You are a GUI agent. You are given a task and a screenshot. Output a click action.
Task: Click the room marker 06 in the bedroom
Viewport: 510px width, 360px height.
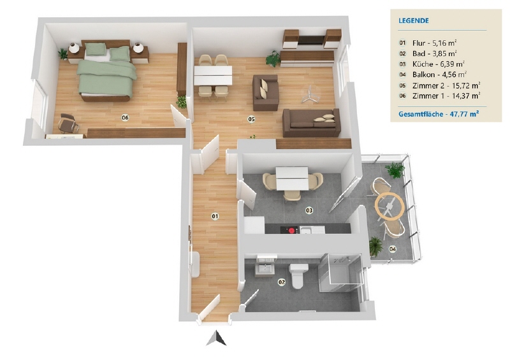click(125, 118)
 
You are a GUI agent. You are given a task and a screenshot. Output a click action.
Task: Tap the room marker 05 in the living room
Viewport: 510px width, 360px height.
click(251, 119)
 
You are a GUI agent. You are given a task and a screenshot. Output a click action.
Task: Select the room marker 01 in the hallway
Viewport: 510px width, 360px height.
click(215, 216)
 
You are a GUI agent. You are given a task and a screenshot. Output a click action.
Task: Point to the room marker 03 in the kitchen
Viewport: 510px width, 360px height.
click(309, 210)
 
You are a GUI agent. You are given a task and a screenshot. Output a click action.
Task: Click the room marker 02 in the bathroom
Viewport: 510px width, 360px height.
click(282, 282)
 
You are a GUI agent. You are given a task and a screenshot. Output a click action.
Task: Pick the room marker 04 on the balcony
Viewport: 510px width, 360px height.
click(393, 249)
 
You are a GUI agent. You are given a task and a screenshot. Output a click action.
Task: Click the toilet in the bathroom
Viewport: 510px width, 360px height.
click(298, 276)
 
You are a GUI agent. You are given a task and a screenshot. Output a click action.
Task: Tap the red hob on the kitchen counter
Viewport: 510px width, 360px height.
click(289, 230)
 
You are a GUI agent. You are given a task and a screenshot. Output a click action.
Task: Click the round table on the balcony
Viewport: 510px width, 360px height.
click(390, 206)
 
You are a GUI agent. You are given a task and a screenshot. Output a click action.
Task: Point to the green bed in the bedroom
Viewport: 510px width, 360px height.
click(106, 73)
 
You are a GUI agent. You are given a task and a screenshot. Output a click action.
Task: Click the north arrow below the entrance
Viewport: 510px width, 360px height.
click(216, 338)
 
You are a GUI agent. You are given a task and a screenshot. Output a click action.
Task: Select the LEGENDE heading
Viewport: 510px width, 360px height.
click(413, 21)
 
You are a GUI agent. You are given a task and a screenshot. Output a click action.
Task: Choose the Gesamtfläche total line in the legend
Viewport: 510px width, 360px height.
click(439, 114)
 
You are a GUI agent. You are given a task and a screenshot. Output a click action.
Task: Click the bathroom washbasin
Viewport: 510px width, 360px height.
click(265, 270)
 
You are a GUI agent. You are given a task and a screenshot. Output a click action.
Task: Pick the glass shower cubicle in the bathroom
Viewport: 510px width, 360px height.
click(340, 272)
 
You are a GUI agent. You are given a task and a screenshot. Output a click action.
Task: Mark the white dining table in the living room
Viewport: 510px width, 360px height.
click(213, 75)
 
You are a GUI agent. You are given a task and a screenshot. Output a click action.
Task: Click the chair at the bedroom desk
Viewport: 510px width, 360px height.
click(68, 124)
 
